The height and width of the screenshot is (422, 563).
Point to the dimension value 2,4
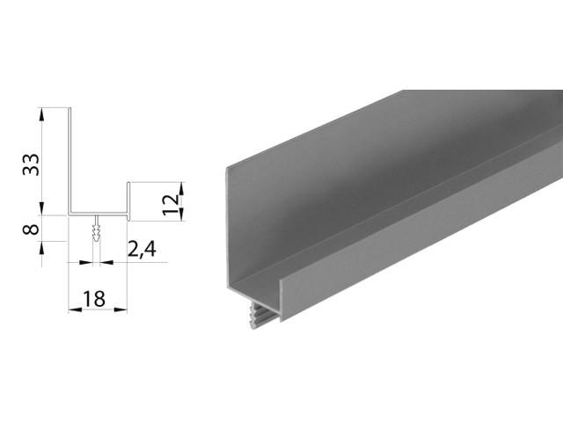[142, 250]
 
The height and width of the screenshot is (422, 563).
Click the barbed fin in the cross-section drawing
[96, 232]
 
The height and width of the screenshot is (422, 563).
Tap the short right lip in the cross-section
[128, 199]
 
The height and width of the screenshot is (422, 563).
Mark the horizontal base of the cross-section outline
[99, 214]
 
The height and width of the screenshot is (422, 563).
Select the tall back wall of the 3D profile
[352, 176]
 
